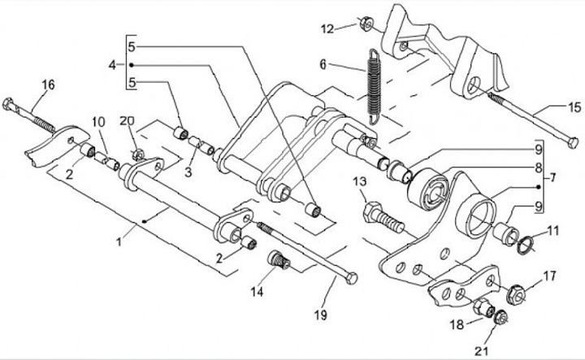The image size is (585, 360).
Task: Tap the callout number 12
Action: coord(327,29)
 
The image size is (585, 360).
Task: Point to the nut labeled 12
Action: coord(366,24)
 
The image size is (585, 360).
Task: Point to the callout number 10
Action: coord(97,122)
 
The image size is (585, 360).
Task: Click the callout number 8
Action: coord(537,168)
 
